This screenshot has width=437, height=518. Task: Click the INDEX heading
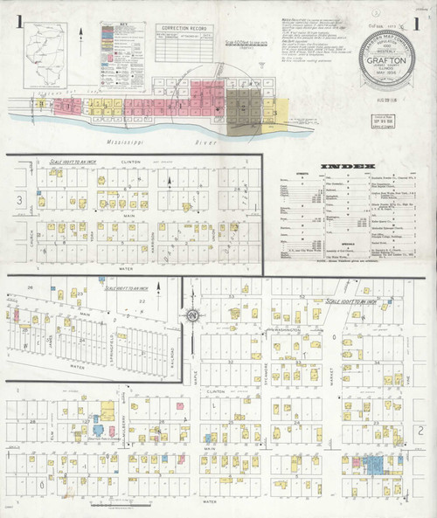(347, 166)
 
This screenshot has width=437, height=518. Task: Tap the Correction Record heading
(184, 27)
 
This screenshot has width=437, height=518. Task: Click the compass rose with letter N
(192, 315)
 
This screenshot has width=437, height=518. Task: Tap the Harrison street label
(152, 238)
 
